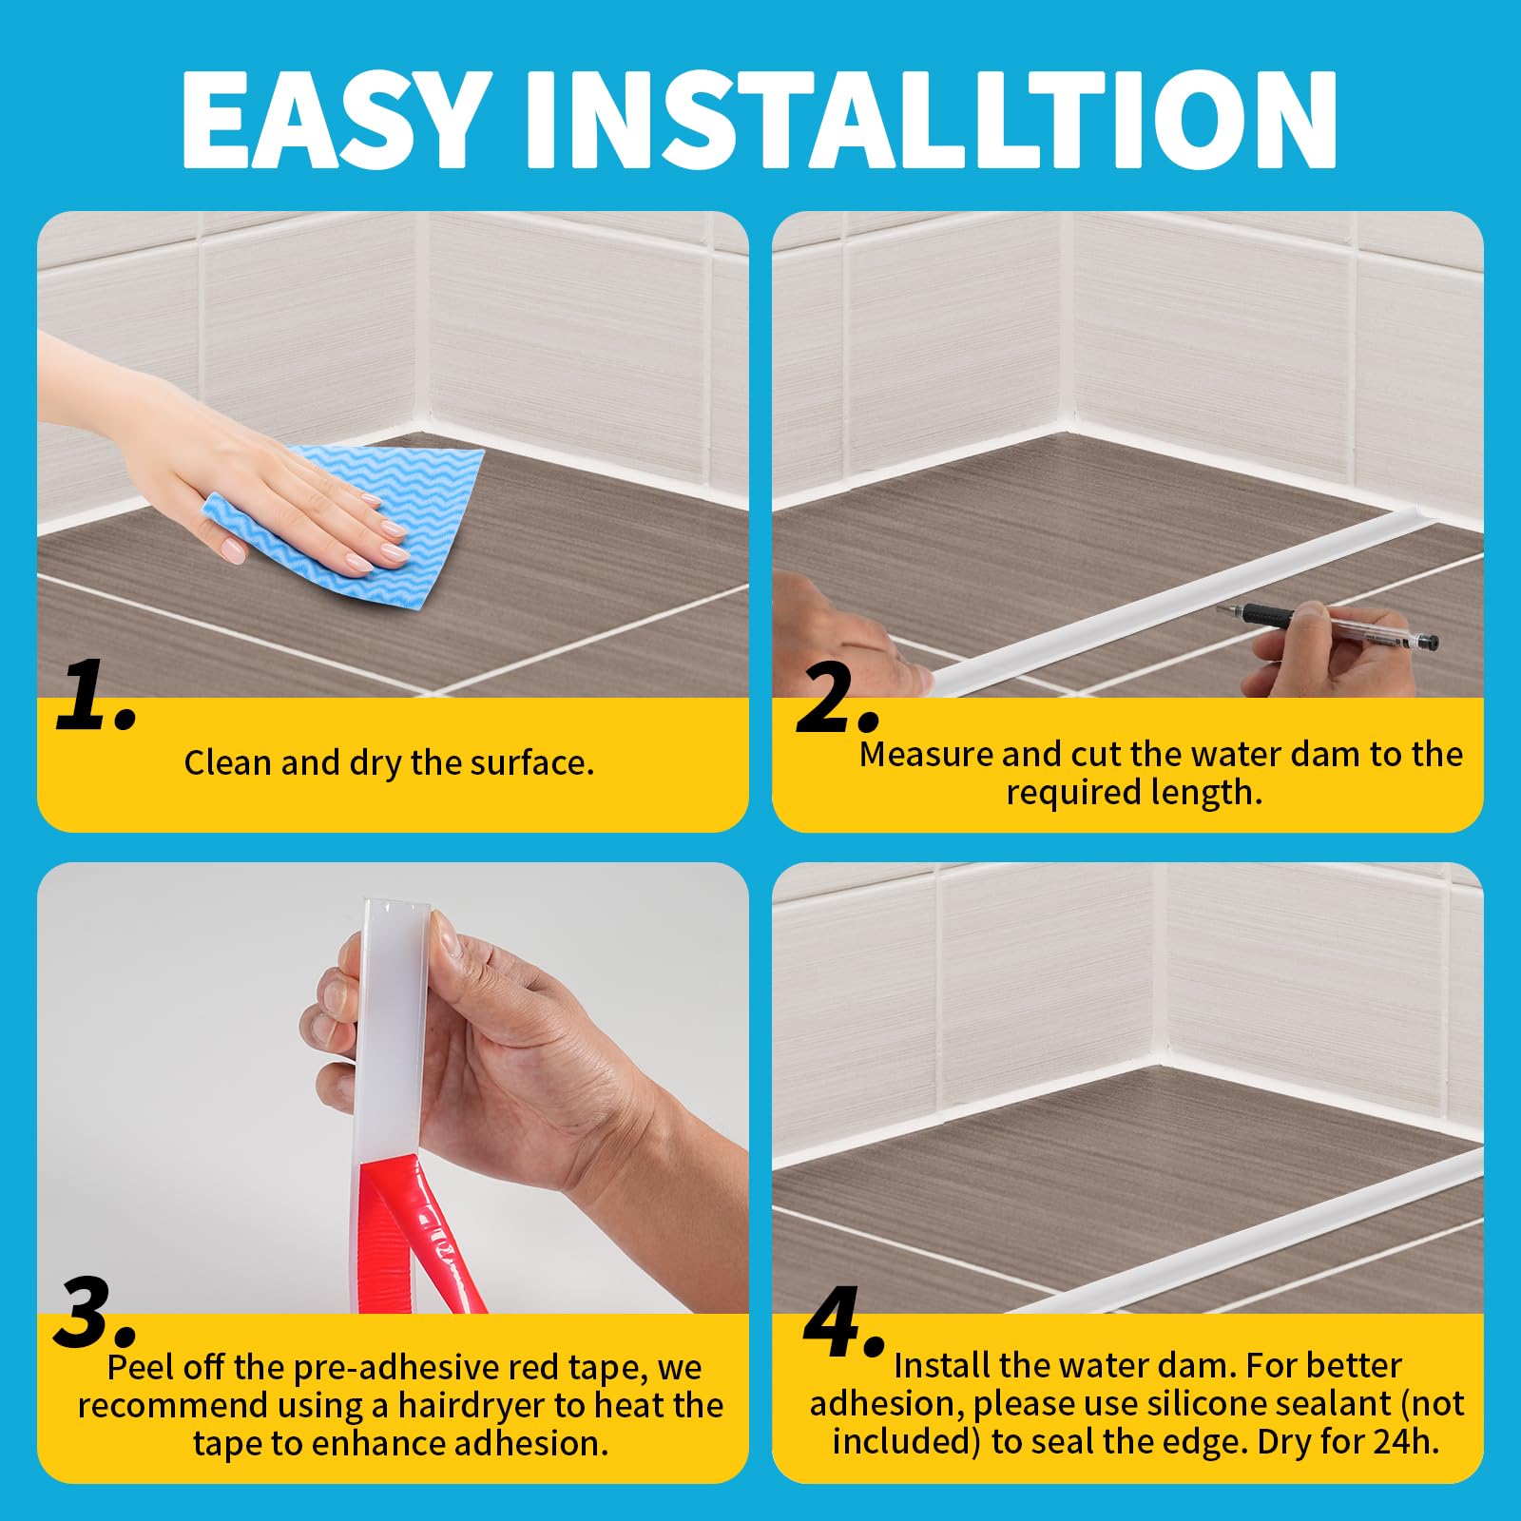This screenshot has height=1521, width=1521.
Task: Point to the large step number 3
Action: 95,1312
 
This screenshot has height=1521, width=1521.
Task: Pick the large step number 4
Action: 844,1321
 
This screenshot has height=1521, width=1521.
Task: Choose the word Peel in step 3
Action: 142,1367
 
